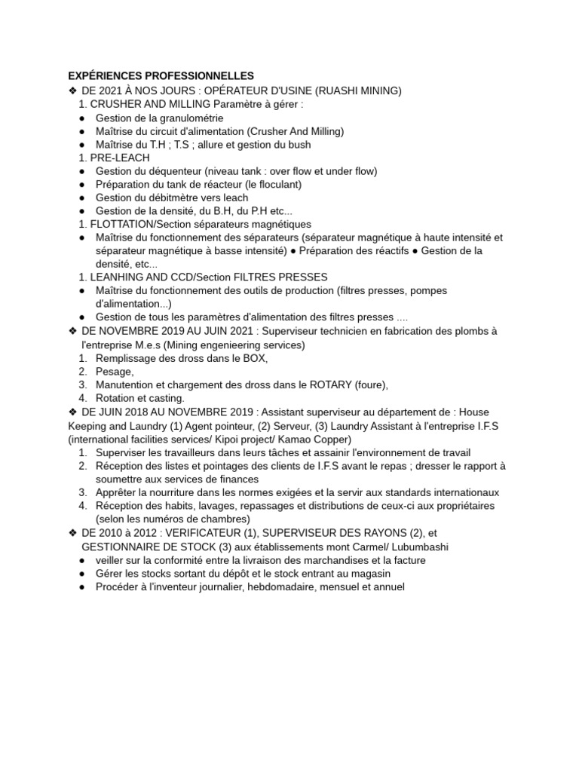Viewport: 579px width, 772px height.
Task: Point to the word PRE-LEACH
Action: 120,158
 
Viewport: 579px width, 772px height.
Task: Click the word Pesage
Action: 114,372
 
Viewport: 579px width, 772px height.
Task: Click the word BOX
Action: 254,358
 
